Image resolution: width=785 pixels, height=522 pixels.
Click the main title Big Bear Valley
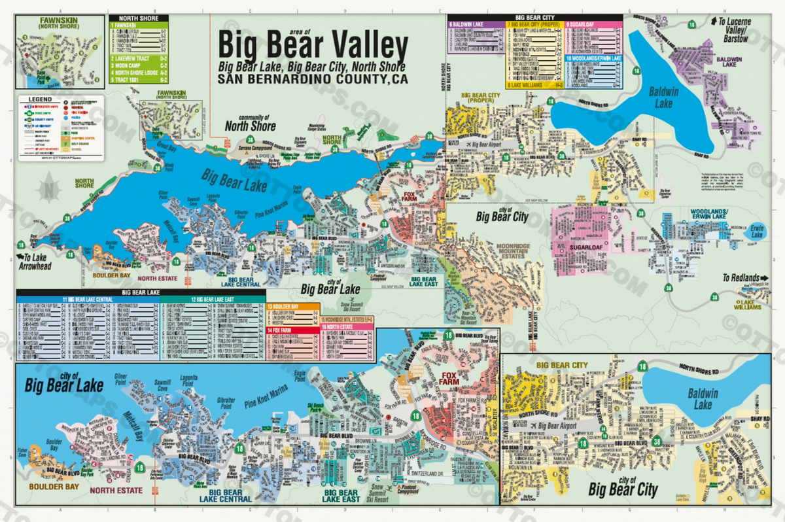[x=313, y=46]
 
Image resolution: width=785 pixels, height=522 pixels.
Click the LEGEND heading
[x=41, y=100]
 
